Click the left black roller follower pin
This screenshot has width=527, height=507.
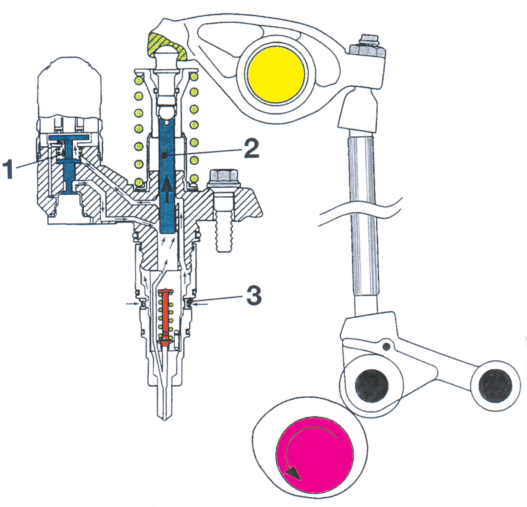(372, 385)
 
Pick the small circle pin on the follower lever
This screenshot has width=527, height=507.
(387, 346)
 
